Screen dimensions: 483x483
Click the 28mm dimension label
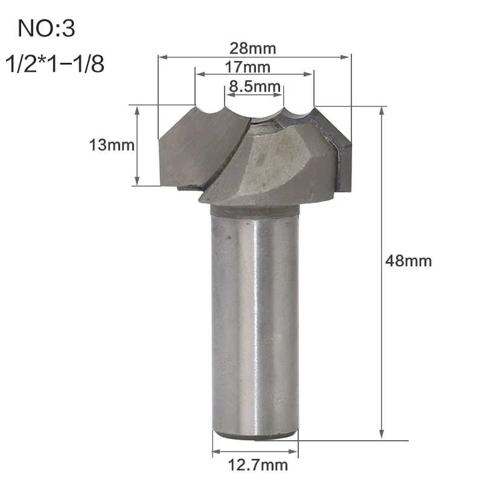[x=252, y=49]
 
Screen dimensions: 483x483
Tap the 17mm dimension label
[x=248, y=67]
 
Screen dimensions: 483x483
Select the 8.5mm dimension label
[x=254, y=86]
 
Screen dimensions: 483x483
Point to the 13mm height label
[x=112, y=145]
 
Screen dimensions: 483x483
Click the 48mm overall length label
[x=409, y=261]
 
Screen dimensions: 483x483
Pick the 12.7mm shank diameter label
[x=258, y=465]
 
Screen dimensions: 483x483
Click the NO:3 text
[x=46, y=28]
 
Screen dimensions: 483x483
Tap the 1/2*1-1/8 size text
[x=55, y=64]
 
